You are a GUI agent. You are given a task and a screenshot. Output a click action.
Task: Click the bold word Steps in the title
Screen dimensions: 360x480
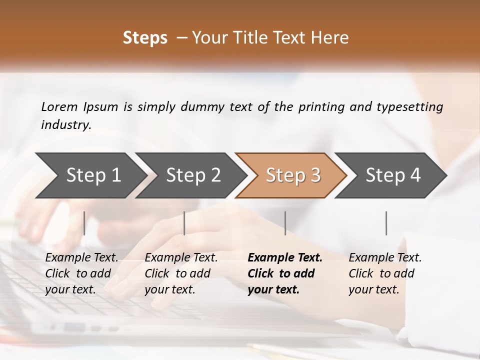coord(145,38)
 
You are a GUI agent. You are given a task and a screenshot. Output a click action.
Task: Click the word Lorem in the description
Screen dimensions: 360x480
coord(59,106)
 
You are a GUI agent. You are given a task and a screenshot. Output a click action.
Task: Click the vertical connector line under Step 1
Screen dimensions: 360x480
coord(84,223)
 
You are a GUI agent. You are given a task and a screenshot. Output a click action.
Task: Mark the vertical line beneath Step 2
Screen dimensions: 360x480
coord(184,223)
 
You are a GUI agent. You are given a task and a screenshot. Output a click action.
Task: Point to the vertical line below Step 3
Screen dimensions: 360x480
coord(285,223)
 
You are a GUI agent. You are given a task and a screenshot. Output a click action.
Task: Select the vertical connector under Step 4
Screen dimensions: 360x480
coord(386,223)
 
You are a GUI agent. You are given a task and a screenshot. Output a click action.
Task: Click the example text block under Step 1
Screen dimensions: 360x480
coord(81,273)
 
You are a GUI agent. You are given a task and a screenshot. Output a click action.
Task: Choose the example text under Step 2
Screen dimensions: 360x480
coord(181,273)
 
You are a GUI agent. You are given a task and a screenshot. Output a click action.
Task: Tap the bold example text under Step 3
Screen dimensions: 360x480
coord(284,273)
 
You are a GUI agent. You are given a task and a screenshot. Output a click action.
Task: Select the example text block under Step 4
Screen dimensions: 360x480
coord(385,273)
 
